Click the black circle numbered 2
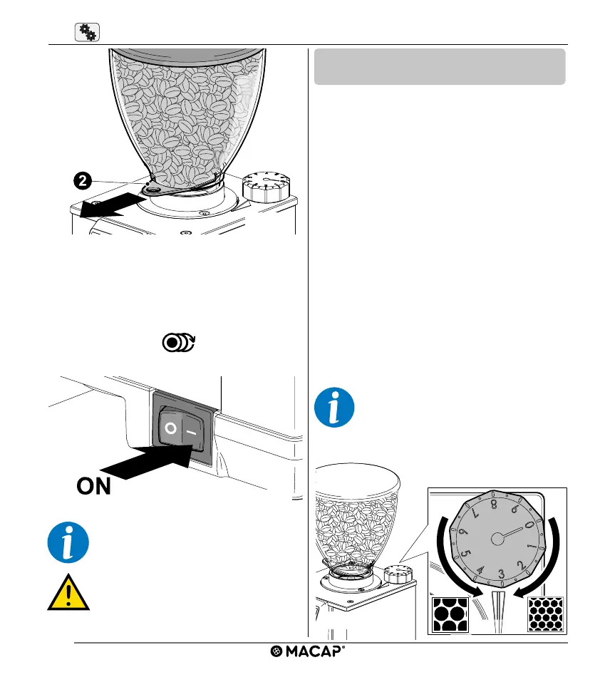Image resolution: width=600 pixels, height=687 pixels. (83, 181)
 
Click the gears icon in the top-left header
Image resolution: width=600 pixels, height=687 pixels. (86, 32)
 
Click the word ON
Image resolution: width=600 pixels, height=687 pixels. (93, 487)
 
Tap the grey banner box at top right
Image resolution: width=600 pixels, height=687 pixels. (439, 67)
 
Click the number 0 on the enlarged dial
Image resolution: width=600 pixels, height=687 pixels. (528, 525)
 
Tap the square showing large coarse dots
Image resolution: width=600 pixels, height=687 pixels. (450, 614)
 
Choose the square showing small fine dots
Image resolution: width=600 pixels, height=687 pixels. (546, 614)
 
